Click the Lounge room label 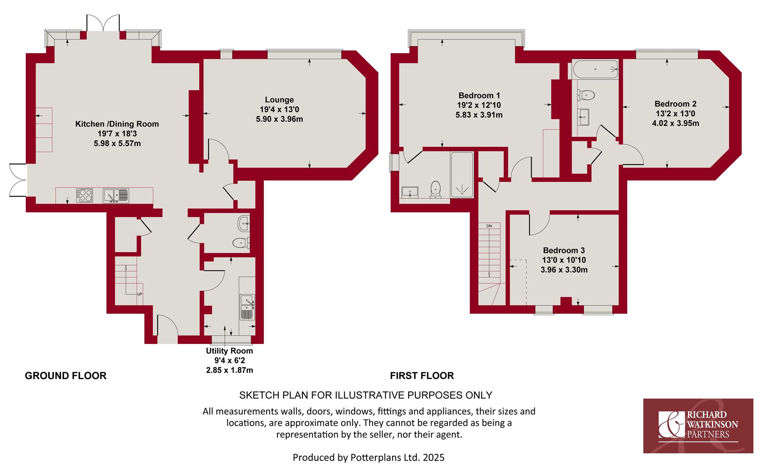point(279,100)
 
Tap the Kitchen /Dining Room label point(117,124)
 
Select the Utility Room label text point(230,351)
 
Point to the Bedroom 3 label point(564,251)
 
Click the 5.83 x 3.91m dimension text point(479,115)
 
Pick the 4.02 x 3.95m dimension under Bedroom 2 point(676,123)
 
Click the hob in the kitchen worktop point(85,195)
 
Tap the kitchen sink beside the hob point(116,195)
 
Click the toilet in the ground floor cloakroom point(241,243)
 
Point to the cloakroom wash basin point(244,223)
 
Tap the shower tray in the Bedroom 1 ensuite point(462,175)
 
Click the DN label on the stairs point(489,226)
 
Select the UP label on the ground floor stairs point(140,294)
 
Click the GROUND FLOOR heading point(66,376)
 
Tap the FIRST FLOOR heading point(422,376)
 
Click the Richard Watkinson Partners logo point(698,426)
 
